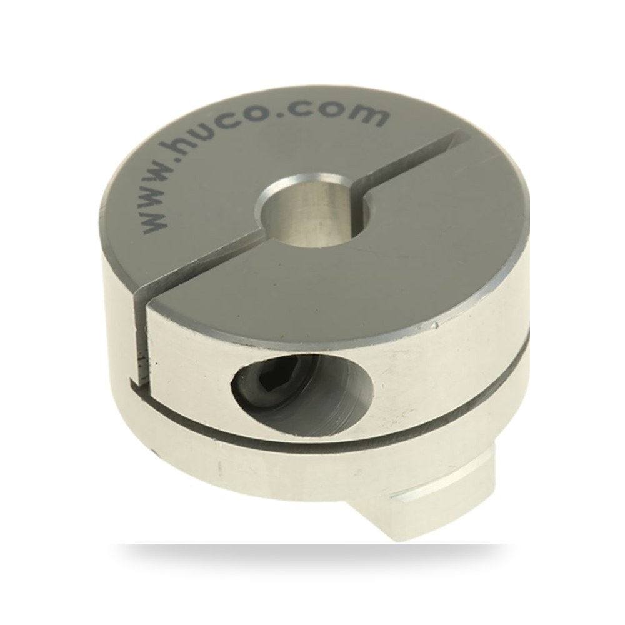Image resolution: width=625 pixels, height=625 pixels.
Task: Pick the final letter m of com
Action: [x=370, y=115]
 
